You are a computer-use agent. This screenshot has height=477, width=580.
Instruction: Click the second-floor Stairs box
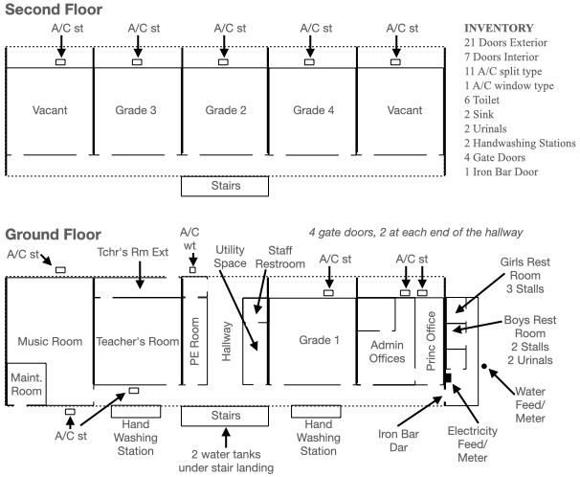click(226, 185)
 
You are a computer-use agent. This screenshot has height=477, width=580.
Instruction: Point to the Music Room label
click(46, 341)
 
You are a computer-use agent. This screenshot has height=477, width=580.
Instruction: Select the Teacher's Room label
click(138, 341)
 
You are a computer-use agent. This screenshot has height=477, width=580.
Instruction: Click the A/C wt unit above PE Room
click(192, 270)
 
